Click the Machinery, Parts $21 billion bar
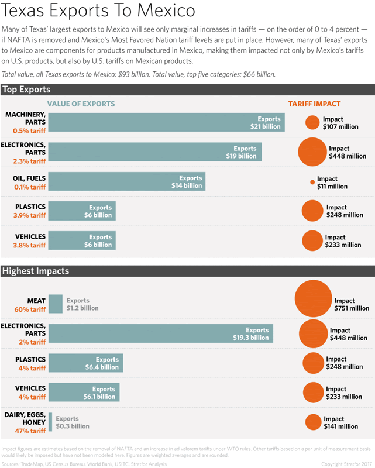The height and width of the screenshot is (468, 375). tap(166, 122)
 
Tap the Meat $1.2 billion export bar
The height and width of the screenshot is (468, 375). tap(56, 304)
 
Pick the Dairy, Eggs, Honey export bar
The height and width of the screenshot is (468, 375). tap(50, 422)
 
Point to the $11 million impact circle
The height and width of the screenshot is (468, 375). tap(312, 183)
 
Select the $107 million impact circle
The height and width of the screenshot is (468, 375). tap(312, 122)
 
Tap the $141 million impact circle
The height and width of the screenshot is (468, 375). tap(314, 422)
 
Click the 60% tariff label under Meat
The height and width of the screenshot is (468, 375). tap(30, 309)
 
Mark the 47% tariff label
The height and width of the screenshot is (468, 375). tap(30, 431)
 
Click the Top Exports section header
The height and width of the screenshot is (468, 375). tap(26, 90)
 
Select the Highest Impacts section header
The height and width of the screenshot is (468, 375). tap(36, 271)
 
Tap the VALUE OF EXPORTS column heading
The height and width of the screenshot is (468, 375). tap(81, 104)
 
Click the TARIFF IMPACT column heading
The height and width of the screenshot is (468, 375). tap(314, 104)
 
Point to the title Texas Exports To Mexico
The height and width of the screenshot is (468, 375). tap(98, 12)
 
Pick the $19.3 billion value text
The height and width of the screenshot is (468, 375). tap(250, 338)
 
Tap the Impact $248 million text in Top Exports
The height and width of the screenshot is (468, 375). tap(345, 211)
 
